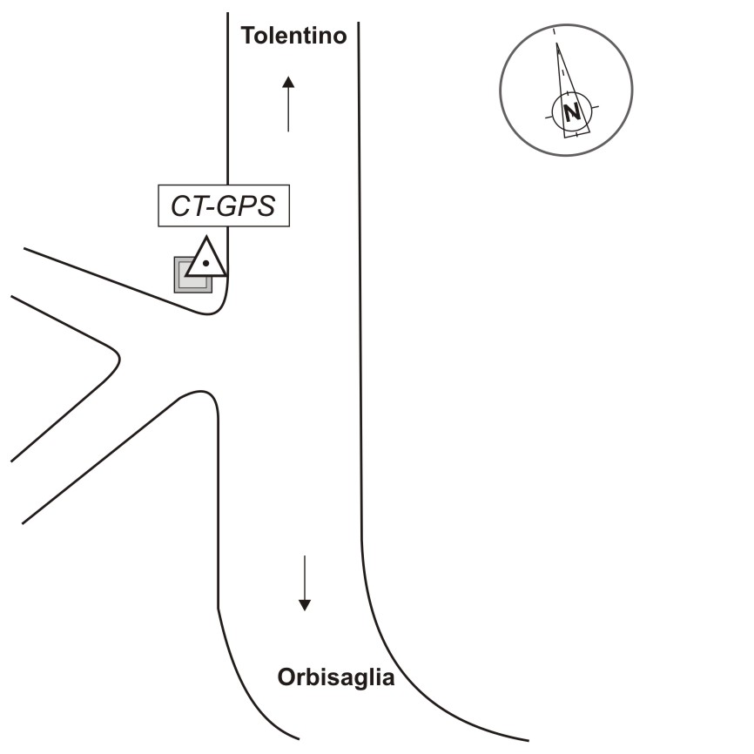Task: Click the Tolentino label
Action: [293, 36]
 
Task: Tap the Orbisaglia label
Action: [336, 677]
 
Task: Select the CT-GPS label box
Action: [224, 205]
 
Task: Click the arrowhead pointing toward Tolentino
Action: [288, 82]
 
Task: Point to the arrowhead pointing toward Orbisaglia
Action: [305, 605]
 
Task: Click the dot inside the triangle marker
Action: [205, 263]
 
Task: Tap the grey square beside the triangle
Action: [192, 274]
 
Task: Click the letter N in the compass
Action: [572, 113]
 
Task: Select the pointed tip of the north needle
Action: [557, 44]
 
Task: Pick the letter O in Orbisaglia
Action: [286, 677]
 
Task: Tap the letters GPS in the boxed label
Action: [246, 205]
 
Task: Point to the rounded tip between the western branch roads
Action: [119, 359]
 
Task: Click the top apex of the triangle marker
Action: [206, 237]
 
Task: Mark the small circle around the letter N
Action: [572, 113]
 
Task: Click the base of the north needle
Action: [577, 134]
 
